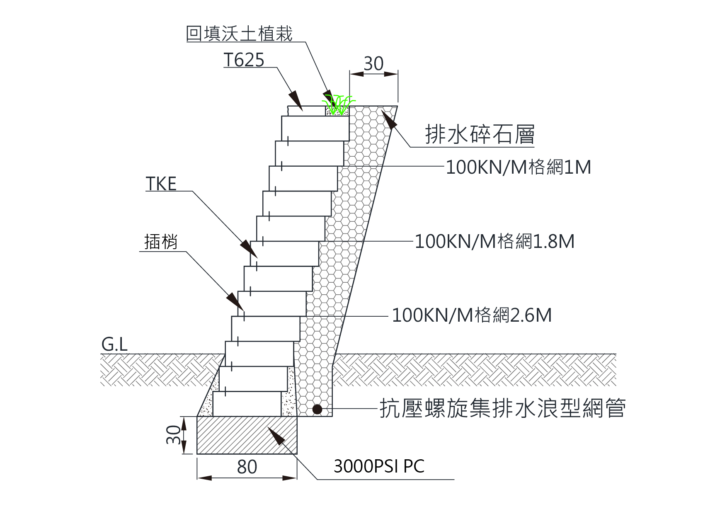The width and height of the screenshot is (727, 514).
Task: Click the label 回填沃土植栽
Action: point(239,34)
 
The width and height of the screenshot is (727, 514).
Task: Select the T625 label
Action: point(244,60)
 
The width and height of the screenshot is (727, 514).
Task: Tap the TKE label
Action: point(161,184)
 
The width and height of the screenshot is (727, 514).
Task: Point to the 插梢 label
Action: point(161,242)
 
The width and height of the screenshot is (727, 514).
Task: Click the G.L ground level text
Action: point(114,344)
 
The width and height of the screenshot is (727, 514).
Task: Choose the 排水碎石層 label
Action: point(480,134)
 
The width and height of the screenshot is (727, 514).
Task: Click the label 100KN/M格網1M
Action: point(518,167)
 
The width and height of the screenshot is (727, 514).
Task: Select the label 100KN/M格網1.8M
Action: point(494,241)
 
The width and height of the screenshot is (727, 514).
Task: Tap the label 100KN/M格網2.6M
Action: point(472,315)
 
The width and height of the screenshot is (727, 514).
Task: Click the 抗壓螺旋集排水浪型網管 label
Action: point(502,409)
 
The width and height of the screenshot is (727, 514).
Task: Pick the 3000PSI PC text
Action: point(379,466)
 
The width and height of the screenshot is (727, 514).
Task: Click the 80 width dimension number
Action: point(247,467)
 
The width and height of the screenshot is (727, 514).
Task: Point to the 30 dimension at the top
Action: point(373,64)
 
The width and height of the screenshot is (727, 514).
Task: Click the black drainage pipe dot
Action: point(317,410)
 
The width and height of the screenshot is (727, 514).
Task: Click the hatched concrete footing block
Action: point(247,435)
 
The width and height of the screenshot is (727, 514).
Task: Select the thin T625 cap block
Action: point(306,111)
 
